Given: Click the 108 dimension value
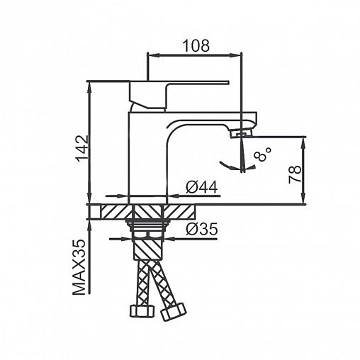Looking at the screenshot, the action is coord(196,45).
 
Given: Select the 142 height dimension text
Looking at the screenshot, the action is coord(83,149).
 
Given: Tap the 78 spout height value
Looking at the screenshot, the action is coord(295,174).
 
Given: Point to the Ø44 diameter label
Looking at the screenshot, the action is coord(201,188).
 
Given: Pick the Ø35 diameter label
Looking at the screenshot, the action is coord(201,229).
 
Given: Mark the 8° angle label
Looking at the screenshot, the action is coord(262,154).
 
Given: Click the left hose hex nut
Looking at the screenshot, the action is coord(142,312).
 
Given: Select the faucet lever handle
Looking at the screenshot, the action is coord(179,94).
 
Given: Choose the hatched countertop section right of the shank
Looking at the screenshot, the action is coord(180,212).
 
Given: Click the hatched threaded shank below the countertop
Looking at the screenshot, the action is coord(148,248).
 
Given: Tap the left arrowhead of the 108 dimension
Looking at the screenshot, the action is coord(153,55).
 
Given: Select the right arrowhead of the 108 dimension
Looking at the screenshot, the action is coord(236,55).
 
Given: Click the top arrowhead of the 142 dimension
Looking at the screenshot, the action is coord(89,87).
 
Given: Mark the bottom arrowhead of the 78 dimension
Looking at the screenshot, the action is coord(303,198).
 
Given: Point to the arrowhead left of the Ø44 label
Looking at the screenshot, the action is coord(123,196).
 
